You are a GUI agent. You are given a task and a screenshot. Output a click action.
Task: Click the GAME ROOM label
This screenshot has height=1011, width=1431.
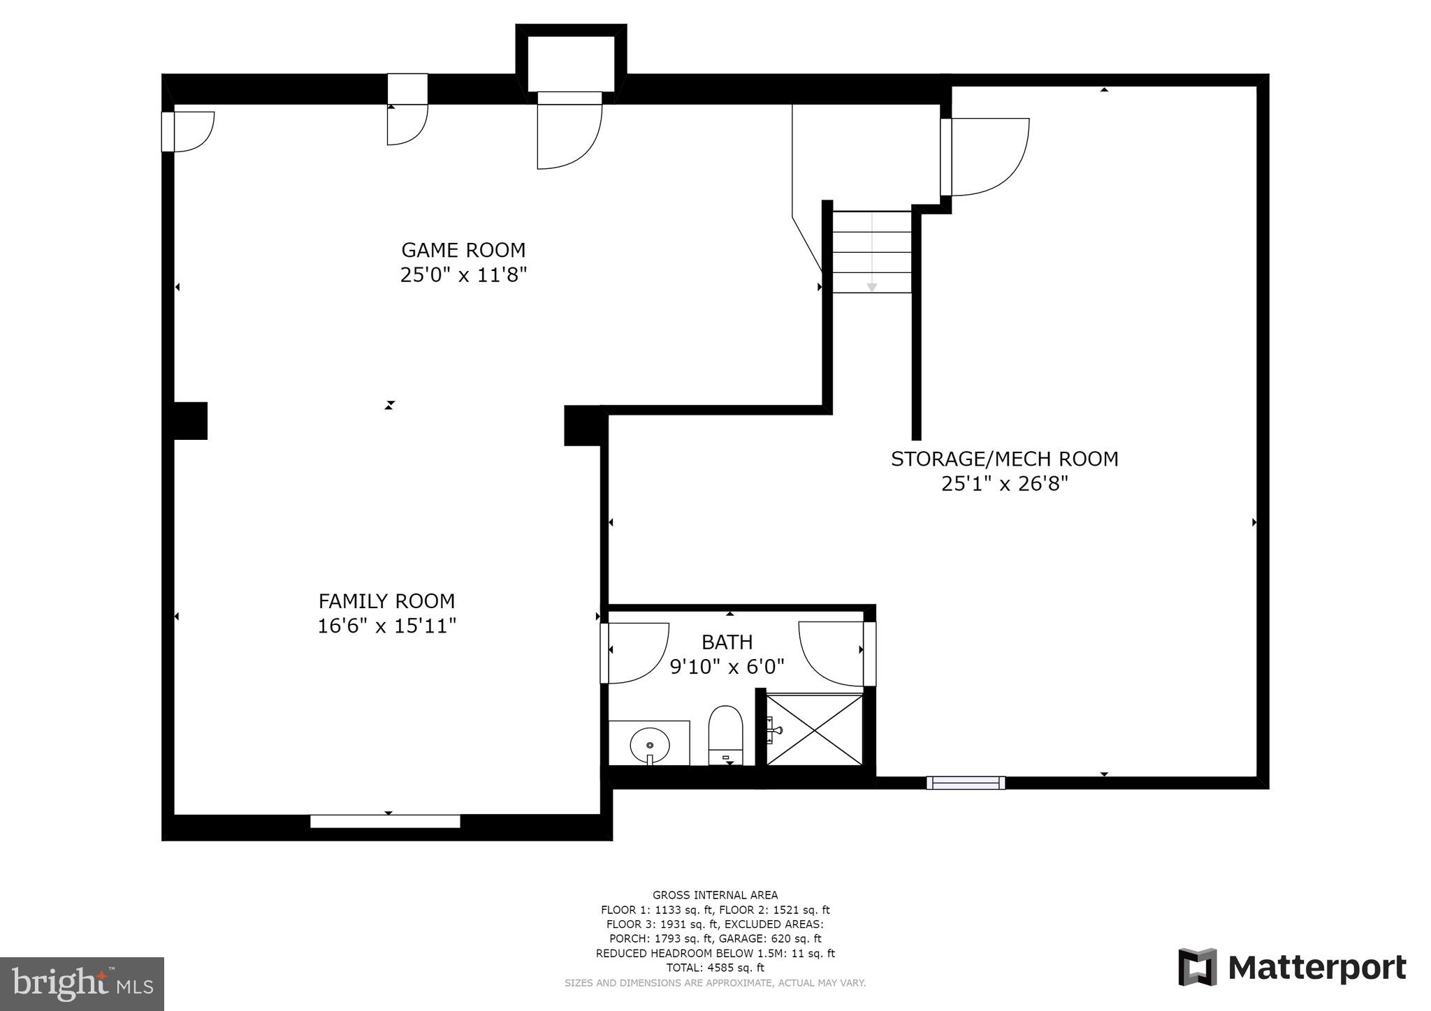(463, 250)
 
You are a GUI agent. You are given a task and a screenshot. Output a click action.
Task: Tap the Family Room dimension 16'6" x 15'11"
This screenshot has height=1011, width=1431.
(386, 626)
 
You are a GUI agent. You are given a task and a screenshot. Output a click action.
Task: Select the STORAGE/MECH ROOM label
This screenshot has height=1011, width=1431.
(1004, 459)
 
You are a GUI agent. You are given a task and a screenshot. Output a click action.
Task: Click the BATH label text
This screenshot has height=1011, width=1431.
(727, 642)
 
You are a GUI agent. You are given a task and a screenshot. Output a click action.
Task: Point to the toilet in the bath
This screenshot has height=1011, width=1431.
(725, 735)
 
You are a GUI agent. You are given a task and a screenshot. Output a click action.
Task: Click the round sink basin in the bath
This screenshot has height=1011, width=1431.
(650, 744)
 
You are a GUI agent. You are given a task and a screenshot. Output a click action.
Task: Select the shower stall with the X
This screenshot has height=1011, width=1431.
(815, 730)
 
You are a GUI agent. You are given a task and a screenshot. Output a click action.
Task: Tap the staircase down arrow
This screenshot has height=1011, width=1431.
(871, 286)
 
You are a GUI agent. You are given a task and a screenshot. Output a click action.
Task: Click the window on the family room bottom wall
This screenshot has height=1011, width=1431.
(385, 822)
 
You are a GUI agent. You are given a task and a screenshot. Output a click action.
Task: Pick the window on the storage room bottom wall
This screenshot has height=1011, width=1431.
(966, 783)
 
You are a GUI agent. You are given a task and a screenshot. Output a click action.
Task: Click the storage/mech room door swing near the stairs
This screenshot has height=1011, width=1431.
(985, 157)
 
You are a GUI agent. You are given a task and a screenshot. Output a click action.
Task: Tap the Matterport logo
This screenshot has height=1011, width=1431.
(1292, 967)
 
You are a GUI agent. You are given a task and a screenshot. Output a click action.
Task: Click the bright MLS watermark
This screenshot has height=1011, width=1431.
(82, 984)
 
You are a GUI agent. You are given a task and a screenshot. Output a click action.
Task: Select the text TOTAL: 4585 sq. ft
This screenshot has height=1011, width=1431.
(715, 968)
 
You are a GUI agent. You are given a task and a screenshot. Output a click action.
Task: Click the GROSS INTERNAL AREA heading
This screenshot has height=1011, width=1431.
(715, 895)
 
